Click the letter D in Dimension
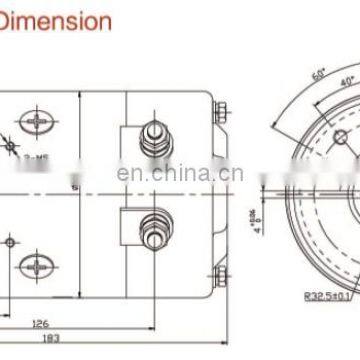[8, 19]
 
